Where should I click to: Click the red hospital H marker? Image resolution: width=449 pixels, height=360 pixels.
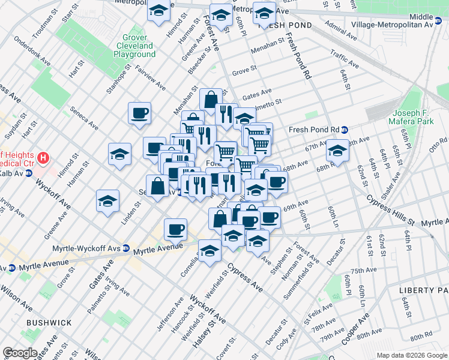43,159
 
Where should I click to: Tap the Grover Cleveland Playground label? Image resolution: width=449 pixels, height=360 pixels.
134,46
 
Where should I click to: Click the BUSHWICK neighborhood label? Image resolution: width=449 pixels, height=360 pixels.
49,323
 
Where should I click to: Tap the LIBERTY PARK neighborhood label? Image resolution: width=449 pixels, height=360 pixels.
423,290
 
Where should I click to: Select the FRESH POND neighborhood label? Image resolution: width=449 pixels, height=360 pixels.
285,26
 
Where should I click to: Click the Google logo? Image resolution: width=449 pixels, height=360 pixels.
20,353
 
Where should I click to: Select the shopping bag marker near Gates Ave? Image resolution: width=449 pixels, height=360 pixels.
211,99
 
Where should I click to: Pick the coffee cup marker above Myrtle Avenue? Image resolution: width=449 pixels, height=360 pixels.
175,229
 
